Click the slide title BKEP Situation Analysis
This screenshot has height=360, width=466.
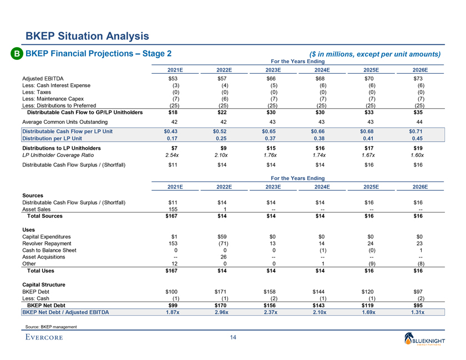[87, 36]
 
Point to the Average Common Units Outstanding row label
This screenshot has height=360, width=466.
[62, 121]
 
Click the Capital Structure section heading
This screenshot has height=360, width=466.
[44, 284]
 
